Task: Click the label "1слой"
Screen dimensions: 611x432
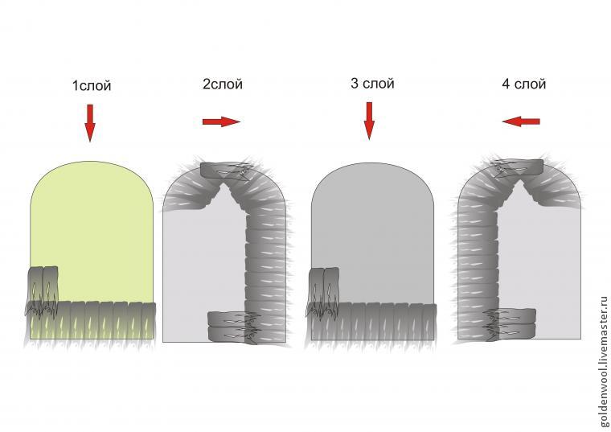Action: pos(92,86)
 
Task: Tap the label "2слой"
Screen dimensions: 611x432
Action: pos(223,84)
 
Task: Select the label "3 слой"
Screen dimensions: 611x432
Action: pos(372,84)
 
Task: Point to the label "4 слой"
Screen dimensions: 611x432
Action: pos(523,84)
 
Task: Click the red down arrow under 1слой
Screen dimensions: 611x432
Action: pos(90,123)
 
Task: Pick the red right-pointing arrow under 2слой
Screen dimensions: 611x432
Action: pos(221,121)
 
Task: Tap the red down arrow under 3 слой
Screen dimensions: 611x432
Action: pos(369,121)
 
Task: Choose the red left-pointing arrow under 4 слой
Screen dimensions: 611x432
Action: pos(521,121)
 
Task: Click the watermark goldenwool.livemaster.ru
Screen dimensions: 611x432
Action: pos(604,361)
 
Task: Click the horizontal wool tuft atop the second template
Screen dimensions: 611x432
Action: pos(225,171)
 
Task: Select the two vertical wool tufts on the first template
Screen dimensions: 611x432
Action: pos(43,289)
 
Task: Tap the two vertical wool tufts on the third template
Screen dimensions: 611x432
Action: pos(323,290)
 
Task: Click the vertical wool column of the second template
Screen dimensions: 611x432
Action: pos(266,269)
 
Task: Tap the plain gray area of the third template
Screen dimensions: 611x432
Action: pos(372,226)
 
